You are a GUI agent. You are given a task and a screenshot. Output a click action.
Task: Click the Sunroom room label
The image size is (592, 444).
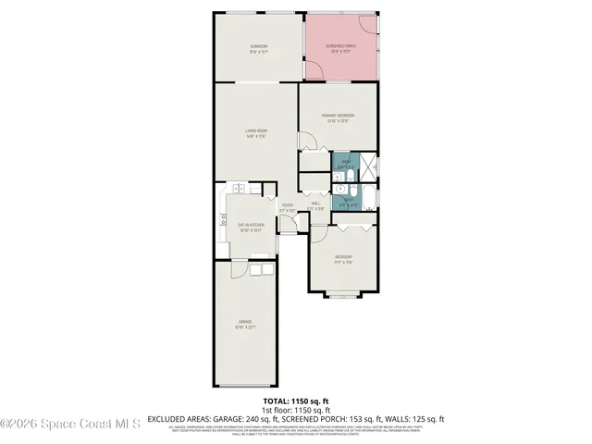click(258, 48)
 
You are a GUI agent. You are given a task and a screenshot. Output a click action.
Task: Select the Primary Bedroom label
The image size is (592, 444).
click(338, 117)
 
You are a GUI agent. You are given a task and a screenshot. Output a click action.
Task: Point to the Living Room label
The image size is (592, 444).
click(256, 133)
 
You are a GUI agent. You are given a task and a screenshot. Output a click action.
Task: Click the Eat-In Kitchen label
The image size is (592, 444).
click(251, 228)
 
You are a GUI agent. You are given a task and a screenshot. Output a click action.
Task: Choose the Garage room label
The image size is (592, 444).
click(245, 324)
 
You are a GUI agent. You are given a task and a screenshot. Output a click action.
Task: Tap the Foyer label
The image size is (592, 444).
click(288, 208)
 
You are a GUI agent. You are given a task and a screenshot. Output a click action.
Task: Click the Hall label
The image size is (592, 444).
click(315, 205)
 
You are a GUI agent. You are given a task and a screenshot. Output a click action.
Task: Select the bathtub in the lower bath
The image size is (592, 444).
click(367, 199)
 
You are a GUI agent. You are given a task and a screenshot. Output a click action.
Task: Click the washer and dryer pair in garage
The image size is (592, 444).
click(259, 268)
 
